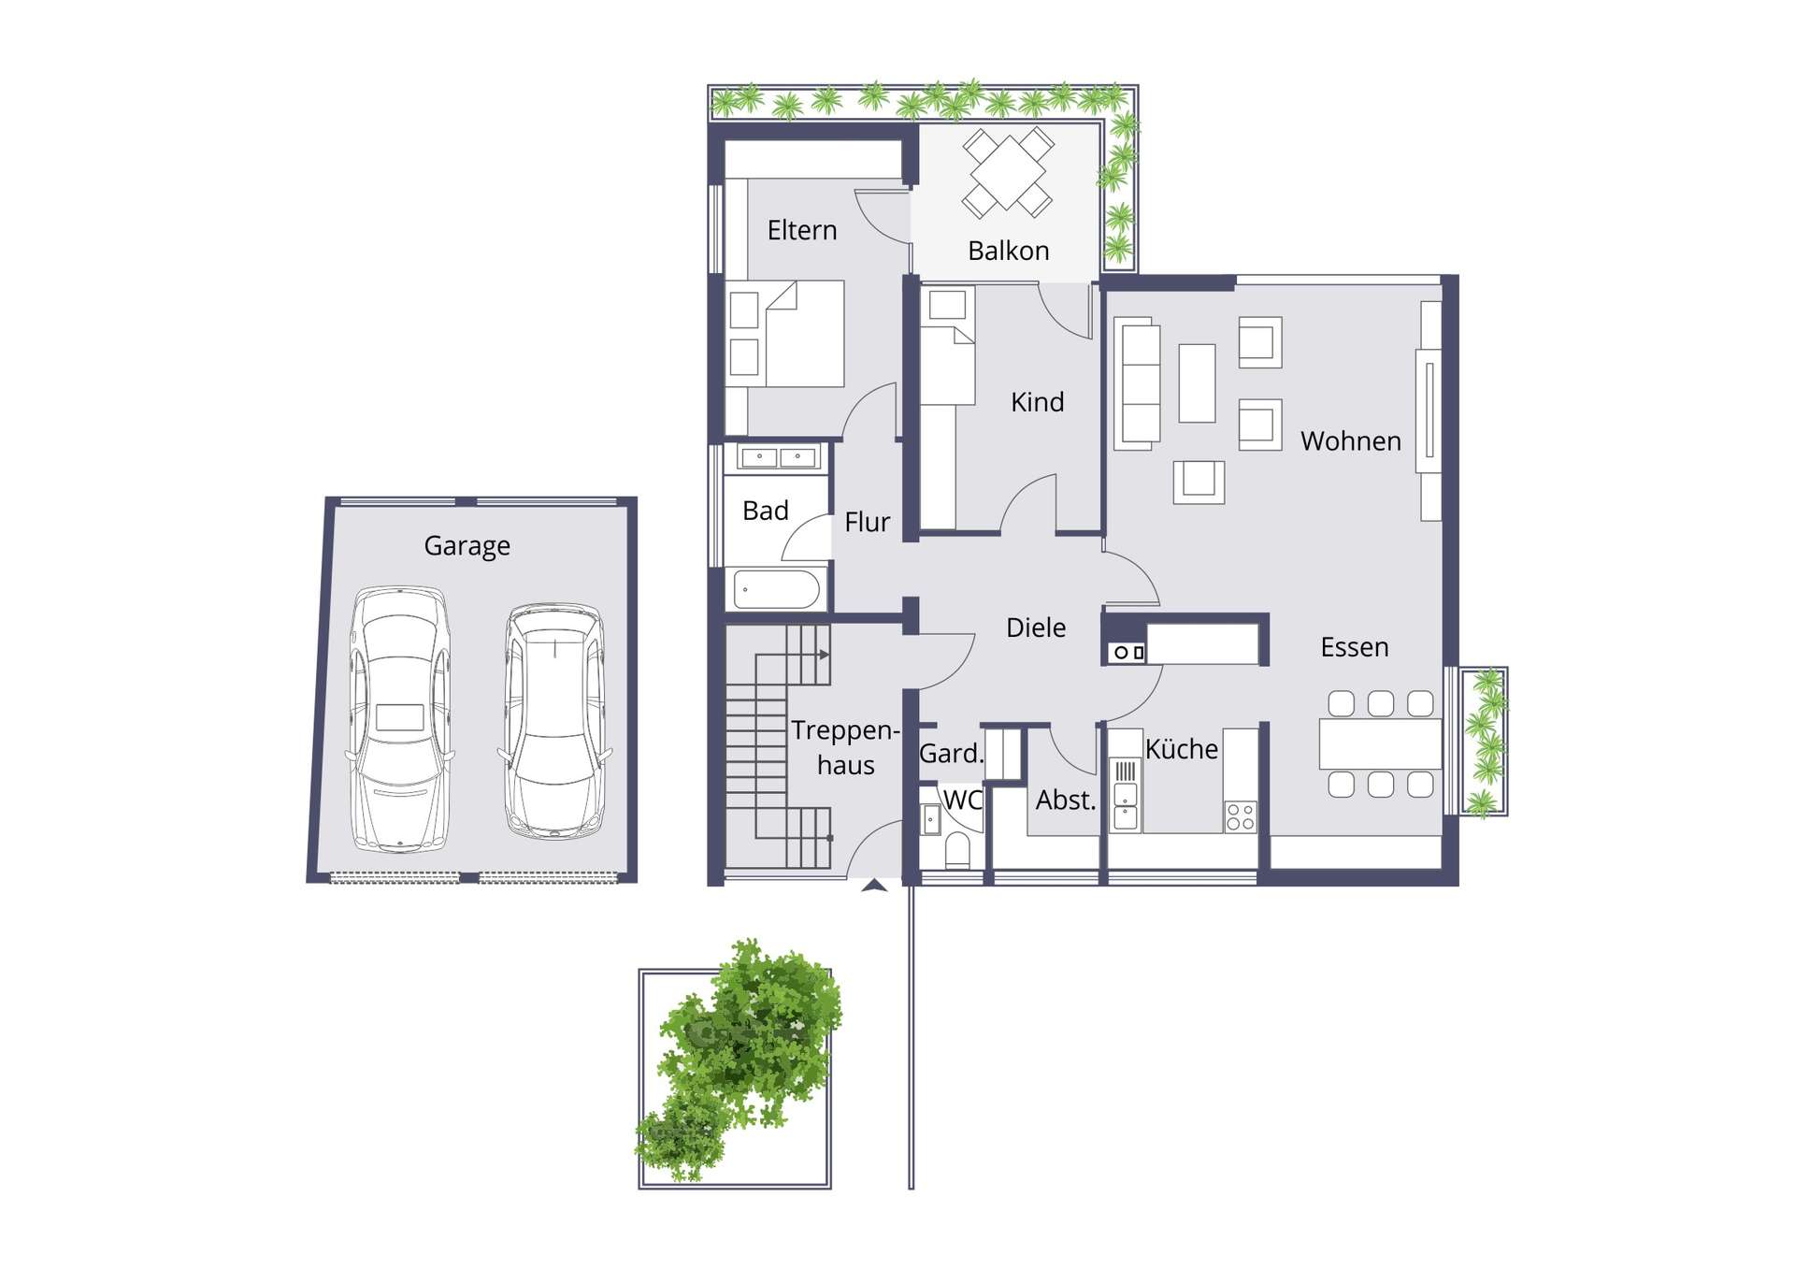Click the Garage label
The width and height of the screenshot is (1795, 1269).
click(x=467, y=545)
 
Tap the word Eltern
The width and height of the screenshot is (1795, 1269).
click(x=802, y=230)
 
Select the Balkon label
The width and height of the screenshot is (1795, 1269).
click(x=1008, y=251)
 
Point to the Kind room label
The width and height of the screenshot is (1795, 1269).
click(x=1037, y=402)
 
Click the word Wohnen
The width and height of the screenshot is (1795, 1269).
click(x=1351, y=441)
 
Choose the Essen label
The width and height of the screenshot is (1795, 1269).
click(x=1355, y=647)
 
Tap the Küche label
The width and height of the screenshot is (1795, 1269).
click(x=1182, y=749)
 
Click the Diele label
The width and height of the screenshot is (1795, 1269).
click(x=1036, y=627)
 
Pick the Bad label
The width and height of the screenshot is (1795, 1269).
click(x=766, y=511)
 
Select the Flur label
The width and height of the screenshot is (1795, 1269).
click(x=867, y=522)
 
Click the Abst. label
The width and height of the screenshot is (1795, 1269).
click(x=1066, y=800)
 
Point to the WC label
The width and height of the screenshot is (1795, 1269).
click(x=963, y=800)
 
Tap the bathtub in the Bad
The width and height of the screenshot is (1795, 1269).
click(x=777, y=590)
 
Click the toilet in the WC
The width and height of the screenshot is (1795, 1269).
click(x=957, y=850)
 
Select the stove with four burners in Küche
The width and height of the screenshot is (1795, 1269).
click(x=1241, y=816)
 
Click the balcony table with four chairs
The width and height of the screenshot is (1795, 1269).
click(x=1008, y=173)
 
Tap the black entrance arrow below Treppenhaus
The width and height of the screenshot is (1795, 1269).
click(x=874, y=885)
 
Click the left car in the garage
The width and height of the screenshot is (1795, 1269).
click(x=399, y=719)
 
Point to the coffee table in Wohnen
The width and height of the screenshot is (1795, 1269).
click(x=1197, y=383)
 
